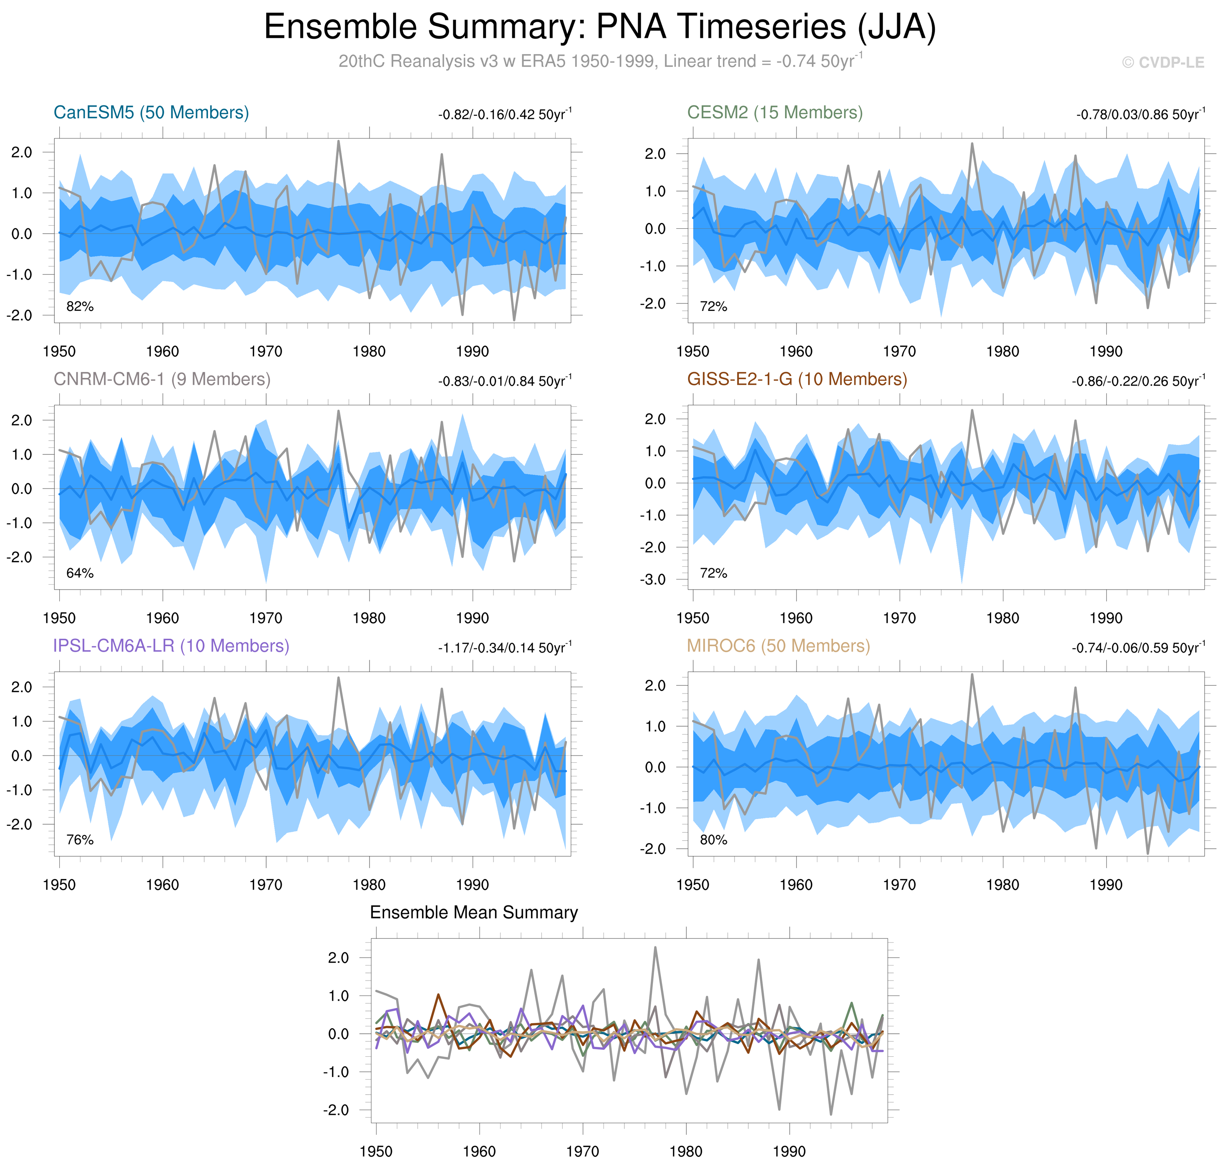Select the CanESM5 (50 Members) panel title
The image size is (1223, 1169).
(x=151, y=113)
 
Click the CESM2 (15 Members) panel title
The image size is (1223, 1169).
(x=774, y=113)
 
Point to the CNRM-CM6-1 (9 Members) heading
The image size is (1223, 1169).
(x=162, y=380)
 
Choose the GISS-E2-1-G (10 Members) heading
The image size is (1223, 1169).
(x=797, y=380)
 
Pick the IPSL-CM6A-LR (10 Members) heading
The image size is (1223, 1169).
(x=171, y=646)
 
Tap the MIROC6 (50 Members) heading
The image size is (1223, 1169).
(x=778, y=646)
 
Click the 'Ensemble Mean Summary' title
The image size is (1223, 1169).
(x=474, y=913)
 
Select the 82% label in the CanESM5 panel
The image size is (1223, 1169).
(x=80, y=306)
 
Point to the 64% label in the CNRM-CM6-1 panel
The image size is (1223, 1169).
(x=80, y=573)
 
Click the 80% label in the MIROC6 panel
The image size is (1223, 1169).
(x=713, y=840)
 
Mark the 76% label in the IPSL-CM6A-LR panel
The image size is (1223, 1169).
(x=80, y=840)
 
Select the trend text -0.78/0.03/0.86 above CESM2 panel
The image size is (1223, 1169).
(x=1140, y=115)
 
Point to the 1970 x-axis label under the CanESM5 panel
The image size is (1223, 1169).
(x=265, y=351)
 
